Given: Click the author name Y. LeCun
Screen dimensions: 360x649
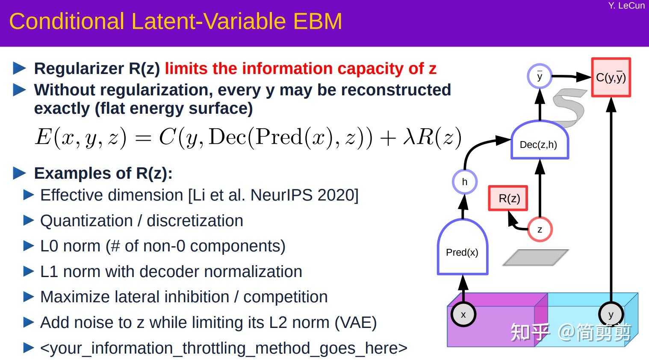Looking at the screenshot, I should [626, 6].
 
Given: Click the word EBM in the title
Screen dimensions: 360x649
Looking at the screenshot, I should [318, 21].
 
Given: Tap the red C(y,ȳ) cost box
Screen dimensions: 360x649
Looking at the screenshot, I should [611, 77].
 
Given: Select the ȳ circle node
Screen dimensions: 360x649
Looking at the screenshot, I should [540, 76].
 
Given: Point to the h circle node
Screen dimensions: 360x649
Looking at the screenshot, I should [464, 182].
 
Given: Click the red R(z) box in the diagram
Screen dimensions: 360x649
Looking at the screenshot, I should [508, 198].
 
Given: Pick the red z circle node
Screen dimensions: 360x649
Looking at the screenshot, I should [540, 230].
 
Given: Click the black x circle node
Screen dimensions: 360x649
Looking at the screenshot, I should [463, 314].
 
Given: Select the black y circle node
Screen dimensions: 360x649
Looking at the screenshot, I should [611, 314].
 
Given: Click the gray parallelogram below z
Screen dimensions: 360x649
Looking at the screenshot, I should [536, 257].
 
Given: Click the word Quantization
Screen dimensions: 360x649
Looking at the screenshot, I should [86, 221].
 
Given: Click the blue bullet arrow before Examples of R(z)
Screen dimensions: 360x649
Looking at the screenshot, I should [19, 173].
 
